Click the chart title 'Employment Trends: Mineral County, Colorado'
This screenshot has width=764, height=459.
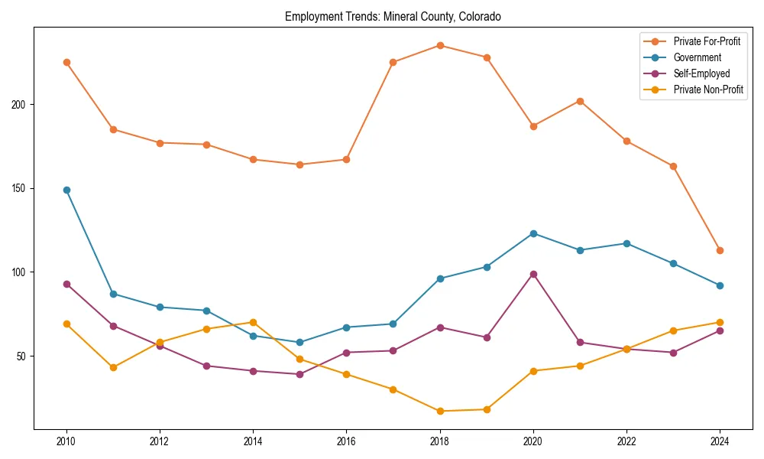[393, 16]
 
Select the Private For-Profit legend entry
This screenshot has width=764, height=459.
[701, 41]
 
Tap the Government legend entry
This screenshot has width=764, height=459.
[697, 57]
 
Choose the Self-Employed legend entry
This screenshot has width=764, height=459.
[701, 73]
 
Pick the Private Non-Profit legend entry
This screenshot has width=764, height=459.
[708, 90]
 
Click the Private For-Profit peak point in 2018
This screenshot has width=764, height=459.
[440, 45]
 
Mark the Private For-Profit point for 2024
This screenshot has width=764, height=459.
[720, 250]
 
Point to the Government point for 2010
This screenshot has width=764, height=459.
[66, 190]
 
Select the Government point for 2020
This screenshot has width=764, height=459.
[533, 233]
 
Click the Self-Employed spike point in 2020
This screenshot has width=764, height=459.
[533, 274]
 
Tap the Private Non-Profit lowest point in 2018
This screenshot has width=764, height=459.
[440, 411]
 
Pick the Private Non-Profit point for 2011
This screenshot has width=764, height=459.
[113, 367]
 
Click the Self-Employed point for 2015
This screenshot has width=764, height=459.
[299, 374]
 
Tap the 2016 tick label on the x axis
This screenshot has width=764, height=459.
[346, 441]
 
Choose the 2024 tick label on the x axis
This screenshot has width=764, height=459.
[720, 441]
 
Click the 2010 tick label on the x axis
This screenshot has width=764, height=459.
[66, 441]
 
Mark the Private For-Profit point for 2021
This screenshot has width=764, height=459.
[580, 101]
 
